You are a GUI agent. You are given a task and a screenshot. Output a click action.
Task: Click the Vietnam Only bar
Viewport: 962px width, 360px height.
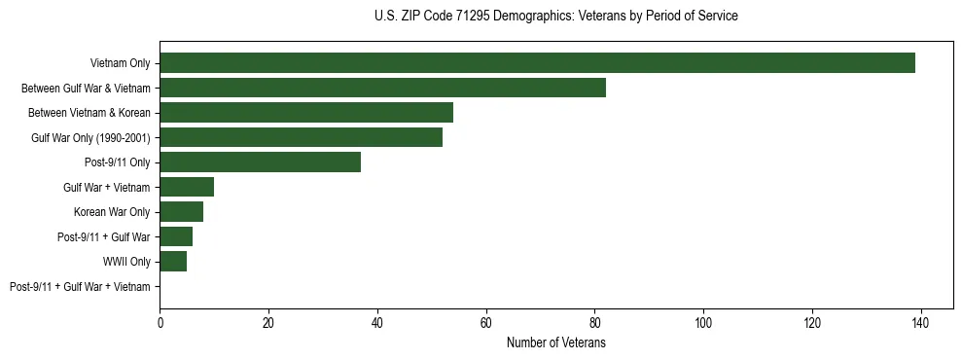pos(537,63)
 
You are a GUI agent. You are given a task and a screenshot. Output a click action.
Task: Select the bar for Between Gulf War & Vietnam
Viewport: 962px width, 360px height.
pos(382,88)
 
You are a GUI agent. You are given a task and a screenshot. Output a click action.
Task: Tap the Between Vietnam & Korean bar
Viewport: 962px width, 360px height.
pos(306,113)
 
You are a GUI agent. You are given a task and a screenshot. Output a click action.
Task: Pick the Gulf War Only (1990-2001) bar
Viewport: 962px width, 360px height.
pos(301,137)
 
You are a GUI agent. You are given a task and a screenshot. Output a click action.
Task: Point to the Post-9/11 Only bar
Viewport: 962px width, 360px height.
pos(260,162)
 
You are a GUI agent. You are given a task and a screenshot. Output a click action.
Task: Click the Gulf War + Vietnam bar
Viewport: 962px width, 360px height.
pos(187,187)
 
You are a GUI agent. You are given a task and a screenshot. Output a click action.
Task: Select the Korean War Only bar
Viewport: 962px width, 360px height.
pos(181,212)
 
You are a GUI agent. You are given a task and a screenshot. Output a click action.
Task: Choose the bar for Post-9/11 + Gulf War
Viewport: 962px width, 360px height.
pos(176,236)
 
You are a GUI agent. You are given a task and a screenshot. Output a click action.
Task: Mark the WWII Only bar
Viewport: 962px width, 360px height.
pos(173,262)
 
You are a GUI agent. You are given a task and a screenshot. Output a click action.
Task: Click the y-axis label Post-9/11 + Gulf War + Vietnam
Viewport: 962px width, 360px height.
pos(80,287)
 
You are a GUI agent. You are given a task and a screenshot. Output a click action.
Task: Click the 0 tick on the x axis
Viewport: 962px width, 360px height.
pos(160,322)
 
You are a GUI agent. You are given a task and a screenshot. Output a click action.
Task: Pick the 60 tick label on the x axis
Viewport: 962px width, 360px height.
pos(485,322)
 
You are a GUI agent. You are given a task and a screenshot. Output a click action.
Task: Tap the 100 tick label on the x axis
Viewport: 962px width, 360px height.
pos(703,322)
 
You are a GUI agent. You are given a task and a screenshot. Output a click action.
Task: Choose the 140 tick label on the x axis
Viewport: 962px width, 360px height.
pos(920,322)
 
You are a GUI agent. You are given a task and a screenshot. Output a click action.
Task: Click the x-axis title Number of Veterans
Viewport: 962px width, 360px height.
pos(556,342)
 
